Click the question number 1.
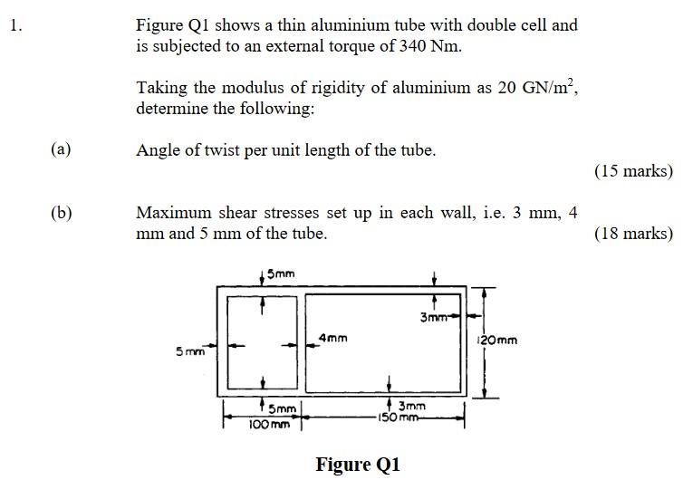14,25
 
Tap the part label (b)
62,214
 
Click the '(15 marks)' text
633,170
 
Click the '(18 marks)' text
633,234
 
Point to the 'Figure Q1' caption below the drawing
357,465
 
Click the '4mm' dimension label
332,338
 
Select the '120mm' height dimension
498,341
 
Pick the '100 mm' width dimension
270,423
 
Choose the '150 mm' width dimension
399,418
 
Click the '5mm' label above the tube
279,273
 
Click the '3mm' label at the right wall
434,317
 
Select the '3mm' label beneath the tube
412,408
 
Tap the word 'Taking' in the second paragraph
162,88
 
